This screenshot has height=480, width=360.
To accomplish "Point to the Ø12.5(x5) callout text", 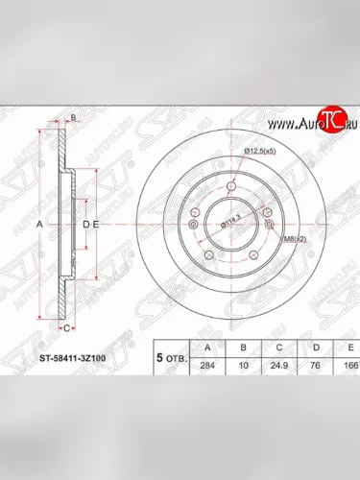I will tap(260, 152).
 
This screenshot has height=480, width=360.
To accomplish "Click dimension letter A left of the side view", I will tap(39, 224).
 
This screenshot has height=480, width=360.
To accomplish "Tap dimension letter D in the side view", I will tap(84, 224).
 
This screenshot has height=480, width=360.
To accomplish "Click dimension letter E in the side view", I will tap(97, 224).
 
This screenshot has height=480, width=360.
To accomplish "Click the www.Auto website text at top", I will tap(292, 125).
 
